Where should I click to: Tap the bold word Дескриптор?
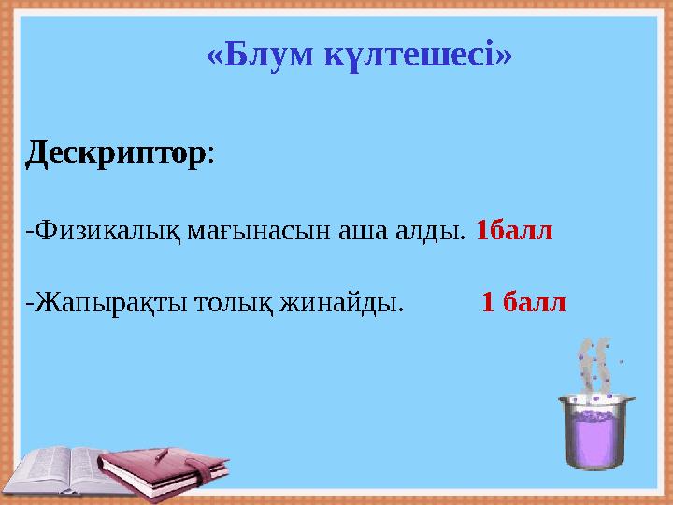(115, 152)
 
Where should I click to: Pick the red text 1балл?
(514, 228)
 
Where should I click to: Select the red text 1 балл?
(523, 302)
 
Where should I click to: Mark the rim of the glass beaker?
(595, 400)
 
